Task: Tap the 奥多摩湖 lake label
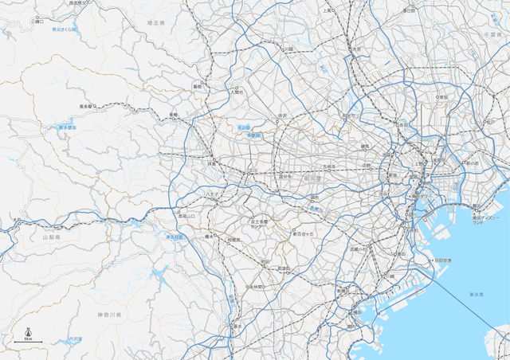66,127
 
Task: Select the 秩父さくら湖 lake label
63,29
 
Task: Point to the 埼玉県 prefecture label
155,25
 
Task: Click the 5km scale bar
28,341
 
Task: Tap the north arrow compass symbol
28,332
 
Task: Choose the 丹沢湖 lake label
76,340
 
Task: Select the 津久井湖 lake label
175,237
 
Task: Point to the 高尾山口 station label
186,216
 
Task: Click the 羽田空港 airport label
442,260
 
